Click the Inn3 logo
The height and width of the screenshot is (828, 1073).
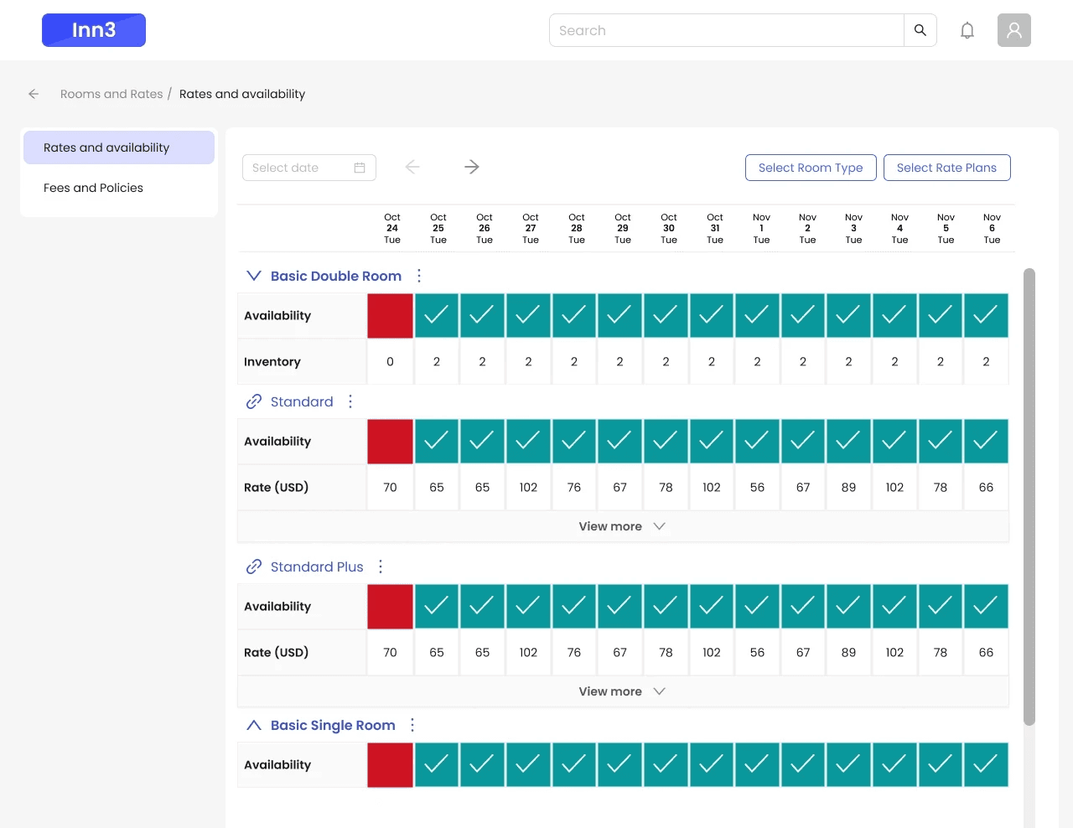click(x=93, y=30)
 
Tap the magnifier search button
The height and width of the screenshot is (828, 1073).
click(x=920, y=30)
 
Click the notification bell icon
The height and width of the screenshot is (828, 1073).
click(x=967, y=30)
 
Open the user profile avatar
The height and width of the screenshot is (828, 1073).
click(x=1013, y=30)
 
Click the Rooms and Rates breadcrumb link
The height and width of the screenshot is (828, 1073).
click(x=111, y=94)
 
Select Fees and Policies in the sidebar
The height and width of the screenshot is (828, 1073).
click(x=93, y=188)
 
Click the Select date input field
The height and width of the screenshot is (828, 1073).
click(x=309, y=168)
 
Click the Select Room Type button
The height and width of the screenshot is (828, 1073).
click(x=811, y=168)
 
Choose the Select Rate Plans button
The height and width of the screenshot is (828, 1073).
click(x=946, y=168)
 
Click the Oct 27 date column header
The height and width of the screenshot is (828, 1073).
click(x=531, y=228)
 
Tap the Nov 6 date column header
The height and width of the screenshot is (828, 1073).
click(x=992, y=228)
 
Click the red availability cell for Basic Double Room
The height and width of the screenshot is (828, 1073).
click(x=390, y=316)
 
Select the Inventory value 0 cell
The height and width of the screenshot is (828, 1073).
click(x=390, y=362)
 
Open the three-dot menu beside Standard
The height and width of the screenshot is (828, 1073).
click(x=350, y=401)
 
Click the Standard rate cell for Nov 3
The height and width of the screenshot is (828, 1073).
click(x=848, y=488)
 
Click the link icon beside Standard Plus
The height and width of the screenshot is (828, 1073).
click(x=254, y=567)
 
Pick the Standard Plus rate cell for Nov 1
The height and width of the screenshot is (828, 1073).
click(x=757, y=652)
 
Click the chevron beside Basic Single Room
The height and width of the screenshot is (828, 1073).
click(x=254, y=725)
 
